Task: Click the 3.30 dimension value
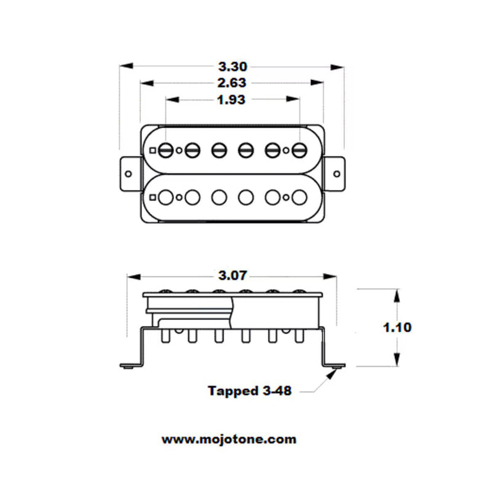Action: pos(232,66)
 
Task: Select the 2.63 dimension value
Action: pos(232,83)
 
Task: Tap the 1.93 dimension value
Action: pos(232,100)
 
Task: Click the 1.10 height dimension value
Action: pos(397,327)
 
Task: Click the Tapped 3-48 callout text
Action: pos(249,391)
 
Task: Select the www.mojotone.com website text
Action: pos(229,439)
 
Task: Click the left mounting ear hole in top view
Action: pos(128,173)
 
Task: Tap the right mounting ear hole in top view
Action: pos(336,173)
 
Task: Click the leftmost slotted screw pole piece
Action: pos(165,149)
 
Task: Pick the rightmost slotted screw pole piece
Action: pos(299,149)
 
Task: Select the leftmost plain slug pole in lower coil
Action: pos(165,197)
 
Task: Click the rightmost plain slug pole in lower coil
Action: pos(299,197)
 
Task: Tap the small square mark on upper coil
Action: pos(152,149)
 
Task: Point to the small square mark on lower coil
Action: pos(152,197)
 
